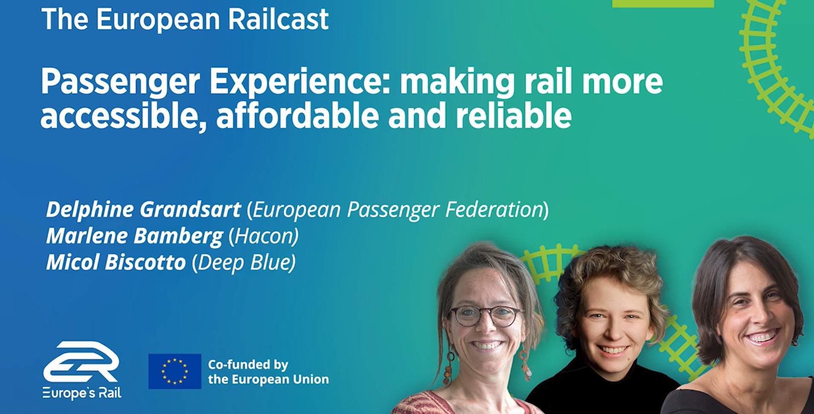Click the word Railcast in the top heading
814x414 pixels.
278,19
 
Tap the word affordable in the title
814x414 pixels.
297,116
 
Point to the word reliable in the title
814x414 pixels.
514,116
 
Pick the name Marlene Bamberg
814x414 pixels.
134,236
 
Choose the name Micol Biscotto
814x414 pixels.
116,262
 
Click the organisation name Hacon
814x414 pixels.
263,236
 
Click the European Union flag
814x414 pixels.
174,371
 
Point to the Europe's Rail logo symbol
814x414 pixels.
81,362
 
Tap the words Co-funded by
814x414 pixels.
248,365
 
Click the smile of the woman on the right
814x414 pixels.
762,338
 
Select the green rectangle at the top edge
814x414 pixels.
663,3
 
